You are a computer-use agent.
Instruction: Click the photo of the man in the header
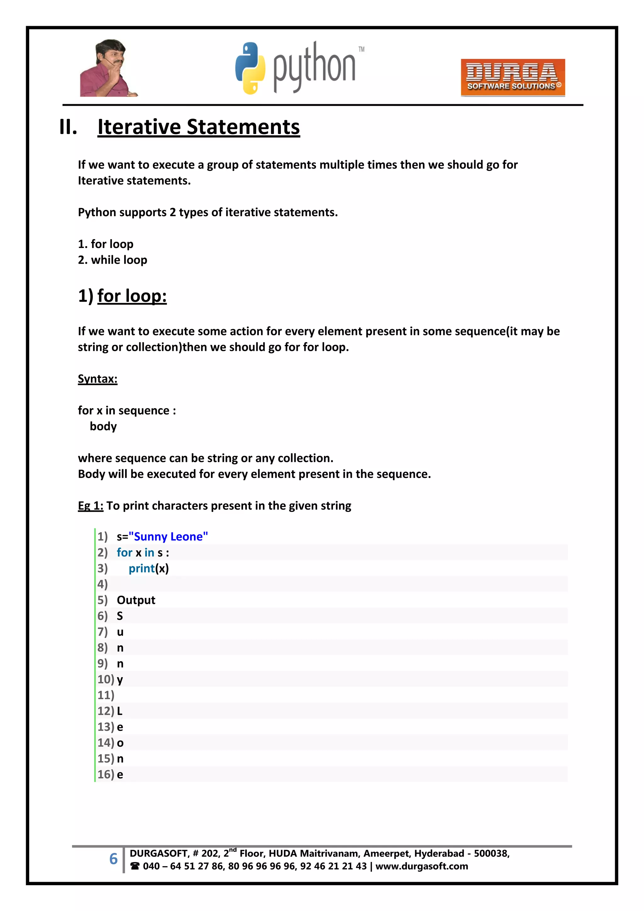(x=108, y=68)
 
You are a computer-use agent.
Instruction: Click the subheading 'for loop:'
(x=132, y=296)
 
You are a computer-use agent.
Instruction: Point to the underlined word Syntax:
(x=97, y=379)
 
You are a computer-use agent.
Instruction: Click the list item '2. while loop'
(x=113, y=260)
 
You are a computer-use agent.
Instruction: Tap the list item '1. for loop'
(x=105, y=244)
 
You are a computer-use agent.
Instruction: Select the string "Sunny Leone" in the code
(x=168, y=537)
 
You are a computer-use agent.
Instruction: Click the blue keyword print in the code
(x=142, y=569)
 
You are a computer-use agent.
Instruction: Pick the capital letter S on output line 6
(x=120, y=616)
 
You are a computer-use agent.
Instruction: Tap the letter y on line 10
(x=120, y=680)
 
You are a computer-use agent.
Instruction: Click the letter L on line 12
(x=119, y=711)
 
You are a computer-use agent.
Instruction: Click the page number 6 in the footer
(x=114, y=859)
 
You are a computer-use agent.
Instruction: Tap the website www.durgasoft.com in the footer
(x=422, y=866)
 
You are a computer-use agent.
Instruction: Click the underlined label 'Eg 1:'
(x=91, y=506)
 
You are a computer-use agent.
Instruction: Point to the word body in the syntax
(x=103, y=426)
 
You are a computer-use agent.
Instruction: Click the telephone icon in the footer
(x=135, y=866)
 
